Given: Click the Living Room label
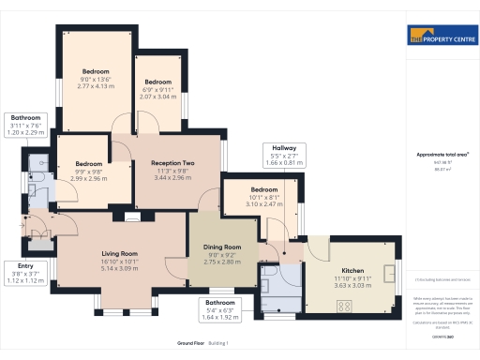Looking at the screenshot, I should coord(120,253).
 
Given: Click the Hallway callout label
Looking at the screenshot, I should coord(285,148).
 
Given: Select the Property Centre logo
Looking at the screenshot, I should coord(439,38).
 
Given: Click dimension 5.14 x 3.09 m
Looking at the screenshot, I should coord(120,269).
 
